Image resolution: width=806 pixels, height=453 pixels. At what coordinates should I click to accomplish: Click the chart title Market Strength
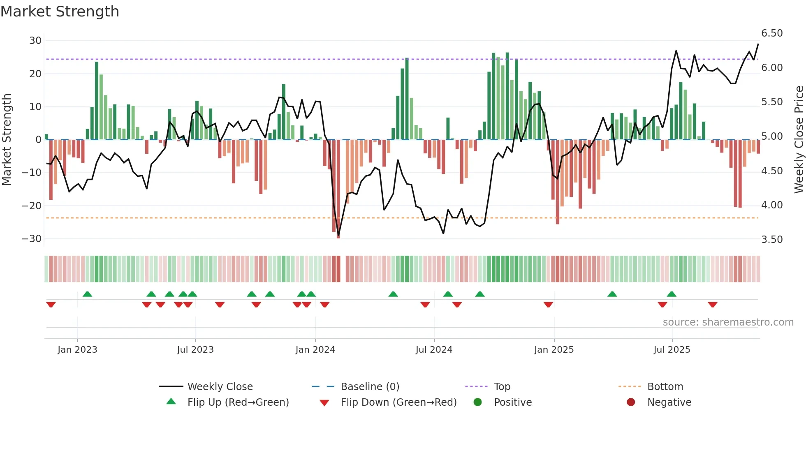[x=60, y=12]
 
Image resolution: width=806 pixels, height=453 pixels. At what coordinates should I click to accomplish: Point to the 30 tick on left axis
[x=35, y=41]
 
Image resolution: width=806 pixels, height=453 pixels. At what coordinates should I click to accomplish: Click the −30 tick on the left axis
[x=32, y=239]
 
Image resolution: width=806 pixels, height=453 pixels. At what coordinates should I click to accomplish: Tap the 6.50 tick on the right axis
[x=772, y=33]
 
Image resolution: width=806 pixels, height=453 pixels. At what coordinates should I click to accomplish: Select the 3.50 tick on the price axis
[x=772, y=240]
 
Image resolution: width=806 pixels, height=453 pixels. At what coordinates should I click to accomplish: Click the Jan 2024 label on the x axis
[x=315, y=350]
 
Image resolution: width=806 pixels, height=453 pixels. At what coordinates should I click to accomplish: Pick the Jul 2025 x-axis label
[x=672, y=350]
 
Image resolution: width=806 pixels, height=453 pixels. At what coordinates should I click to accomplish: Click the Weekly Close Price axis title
[x=799, y=139]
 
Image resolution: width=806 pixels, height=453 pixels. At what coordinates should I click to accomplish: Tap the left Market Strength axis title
[x=7, y=139]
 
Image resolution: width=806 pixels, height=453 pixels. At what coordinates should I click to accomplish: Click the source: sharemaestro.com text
[x=728, y=322]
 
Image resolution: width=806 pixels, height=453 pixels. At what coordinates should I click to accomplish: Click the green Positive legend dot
[x=477, y=402]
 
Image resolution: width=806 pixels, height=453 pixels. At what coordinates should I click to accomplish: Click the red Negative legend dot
[x=631, y=402]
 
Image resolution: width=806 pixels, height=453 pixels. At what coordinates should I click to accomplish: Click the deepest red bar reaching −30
[x=338, y=189]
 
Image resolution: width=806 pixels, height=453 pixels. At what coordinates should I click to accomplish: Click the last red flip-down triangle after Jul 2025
[x=713, y=305]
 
